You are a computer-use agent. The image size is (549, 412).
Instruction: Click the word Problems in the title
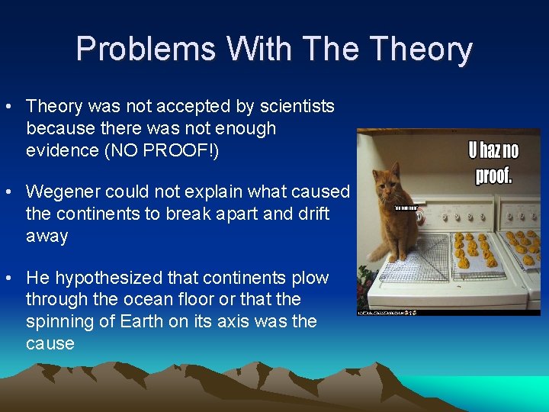pos(145,50)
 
